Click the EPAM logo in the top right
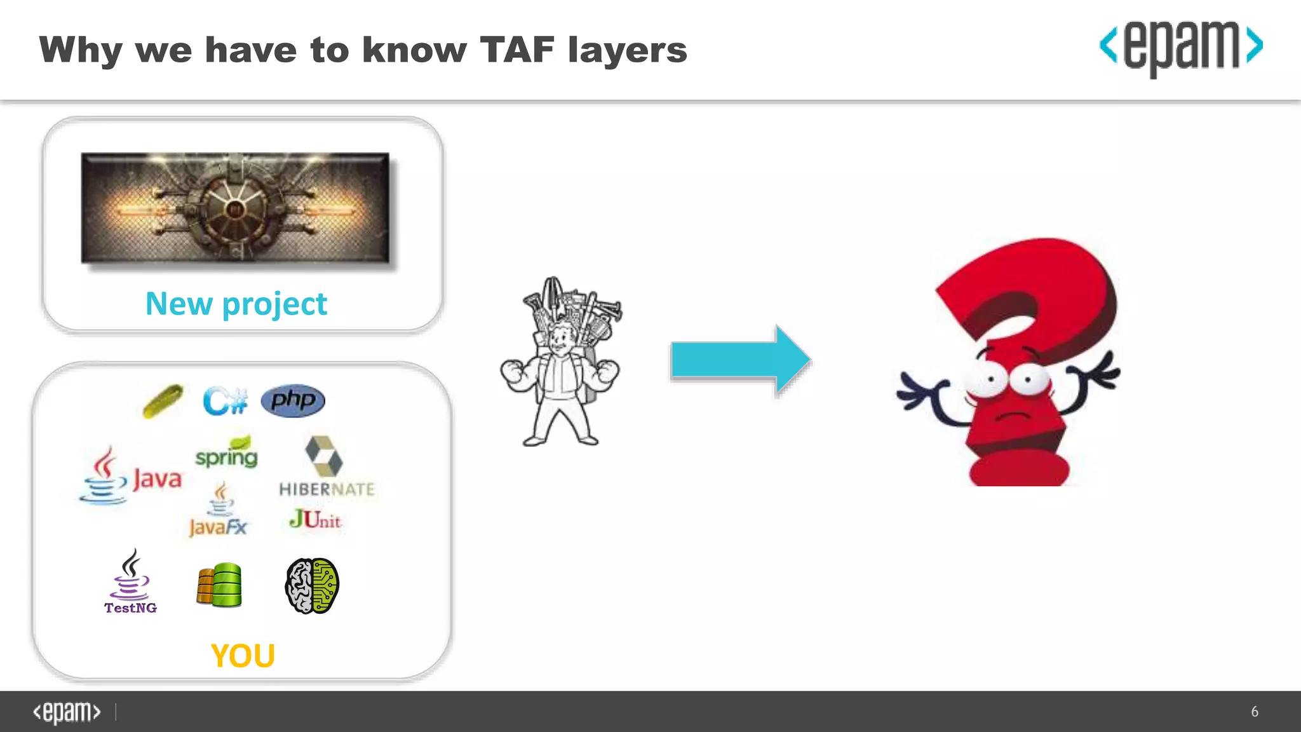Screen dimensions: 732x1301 tap(1180, 47)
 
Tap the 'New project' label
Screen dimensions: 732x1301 tap(236, 304)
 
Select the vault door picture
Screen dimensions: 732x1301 tap(235, 208)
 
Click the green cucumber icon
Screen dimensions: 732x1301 tap(163, 401)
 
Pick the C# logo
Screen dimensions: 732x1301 tap(225, 401)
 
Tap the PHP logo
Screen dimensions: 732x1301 tap(293, 400)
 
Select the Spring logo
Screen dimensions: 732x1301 tap(227, 452)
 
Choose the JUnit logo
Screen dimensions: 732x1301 tap(315, 520)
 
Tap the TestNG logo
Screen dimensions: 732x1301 tap(130, 581)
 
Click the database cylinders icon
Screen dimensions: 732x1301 tap(219, 585)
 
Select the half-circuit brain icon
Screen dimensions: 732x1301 tap(312, 585)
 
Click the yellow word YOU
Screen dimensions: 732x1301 tap(243, 656)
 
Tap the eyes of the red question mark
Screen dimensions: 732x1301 tap(1009, 380)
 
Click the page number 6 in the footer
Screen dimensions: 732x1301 tap(1255, 712)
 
